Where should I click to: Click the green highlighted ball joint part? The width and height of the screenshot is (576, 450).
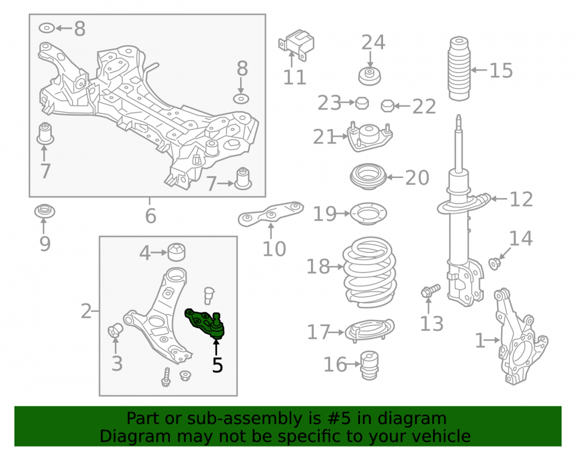206,323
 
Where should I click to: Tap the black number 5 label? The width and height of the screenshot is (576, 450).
218,365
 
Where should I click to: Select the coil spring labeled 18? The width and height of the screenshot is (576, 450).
370,272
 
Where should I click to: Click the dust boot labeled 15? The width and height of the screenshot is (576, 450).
459,69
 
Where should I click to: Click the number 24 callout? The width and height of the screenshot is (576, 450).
373,42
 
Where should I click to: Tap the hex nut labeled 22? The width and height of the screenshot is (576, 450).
388,106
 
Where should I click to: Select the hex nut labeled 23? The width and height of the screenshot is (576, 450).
362,103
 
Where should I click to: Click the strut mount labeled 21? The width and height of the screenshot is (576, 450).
370,137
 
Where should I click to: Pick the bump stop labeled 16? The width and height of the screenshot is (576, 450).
369,365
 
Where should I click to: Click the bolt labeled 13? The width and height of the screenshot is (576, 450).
430,290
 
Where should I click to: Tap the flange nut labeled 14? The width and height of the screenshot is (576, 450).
495,263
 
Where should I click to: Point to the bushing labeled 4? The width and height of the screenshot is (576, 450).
176,252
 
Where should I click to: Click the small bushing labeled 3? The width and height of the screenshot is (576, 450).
115,330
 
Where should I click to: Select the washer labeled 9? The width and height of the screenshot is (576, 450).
45,211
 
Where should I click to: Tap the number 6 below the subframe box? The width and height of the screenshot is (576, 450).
150,215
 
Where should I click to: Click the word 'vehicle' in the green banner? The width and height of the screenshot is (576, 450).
442,436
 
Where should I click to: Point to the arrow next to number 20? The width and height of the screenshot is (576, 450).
395,177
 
